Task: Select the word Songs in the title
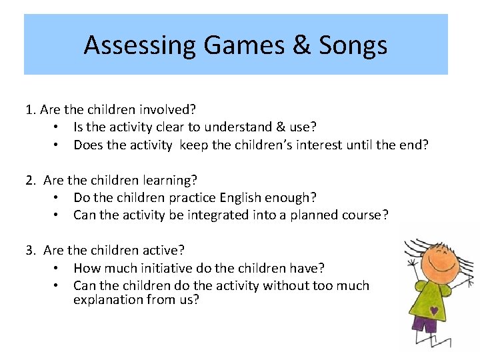pos(353,45)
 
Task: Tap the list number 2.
pos(31,180)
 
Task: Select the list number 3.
pos(31,251)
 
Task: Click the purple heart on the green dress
pos(434,310)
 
